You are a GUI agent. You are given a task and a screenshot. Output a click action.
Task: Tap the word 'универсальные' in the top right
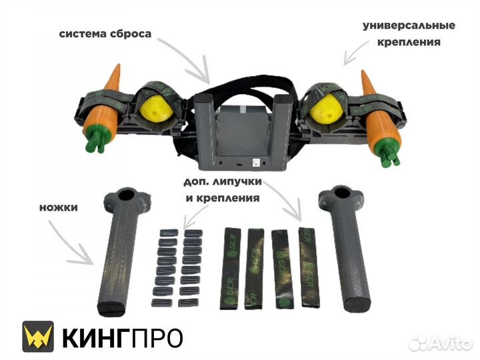click(x=409, y=25)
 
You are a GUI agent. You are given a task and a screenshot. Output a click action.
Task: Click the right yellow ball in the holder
click(x=326, y=109)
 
